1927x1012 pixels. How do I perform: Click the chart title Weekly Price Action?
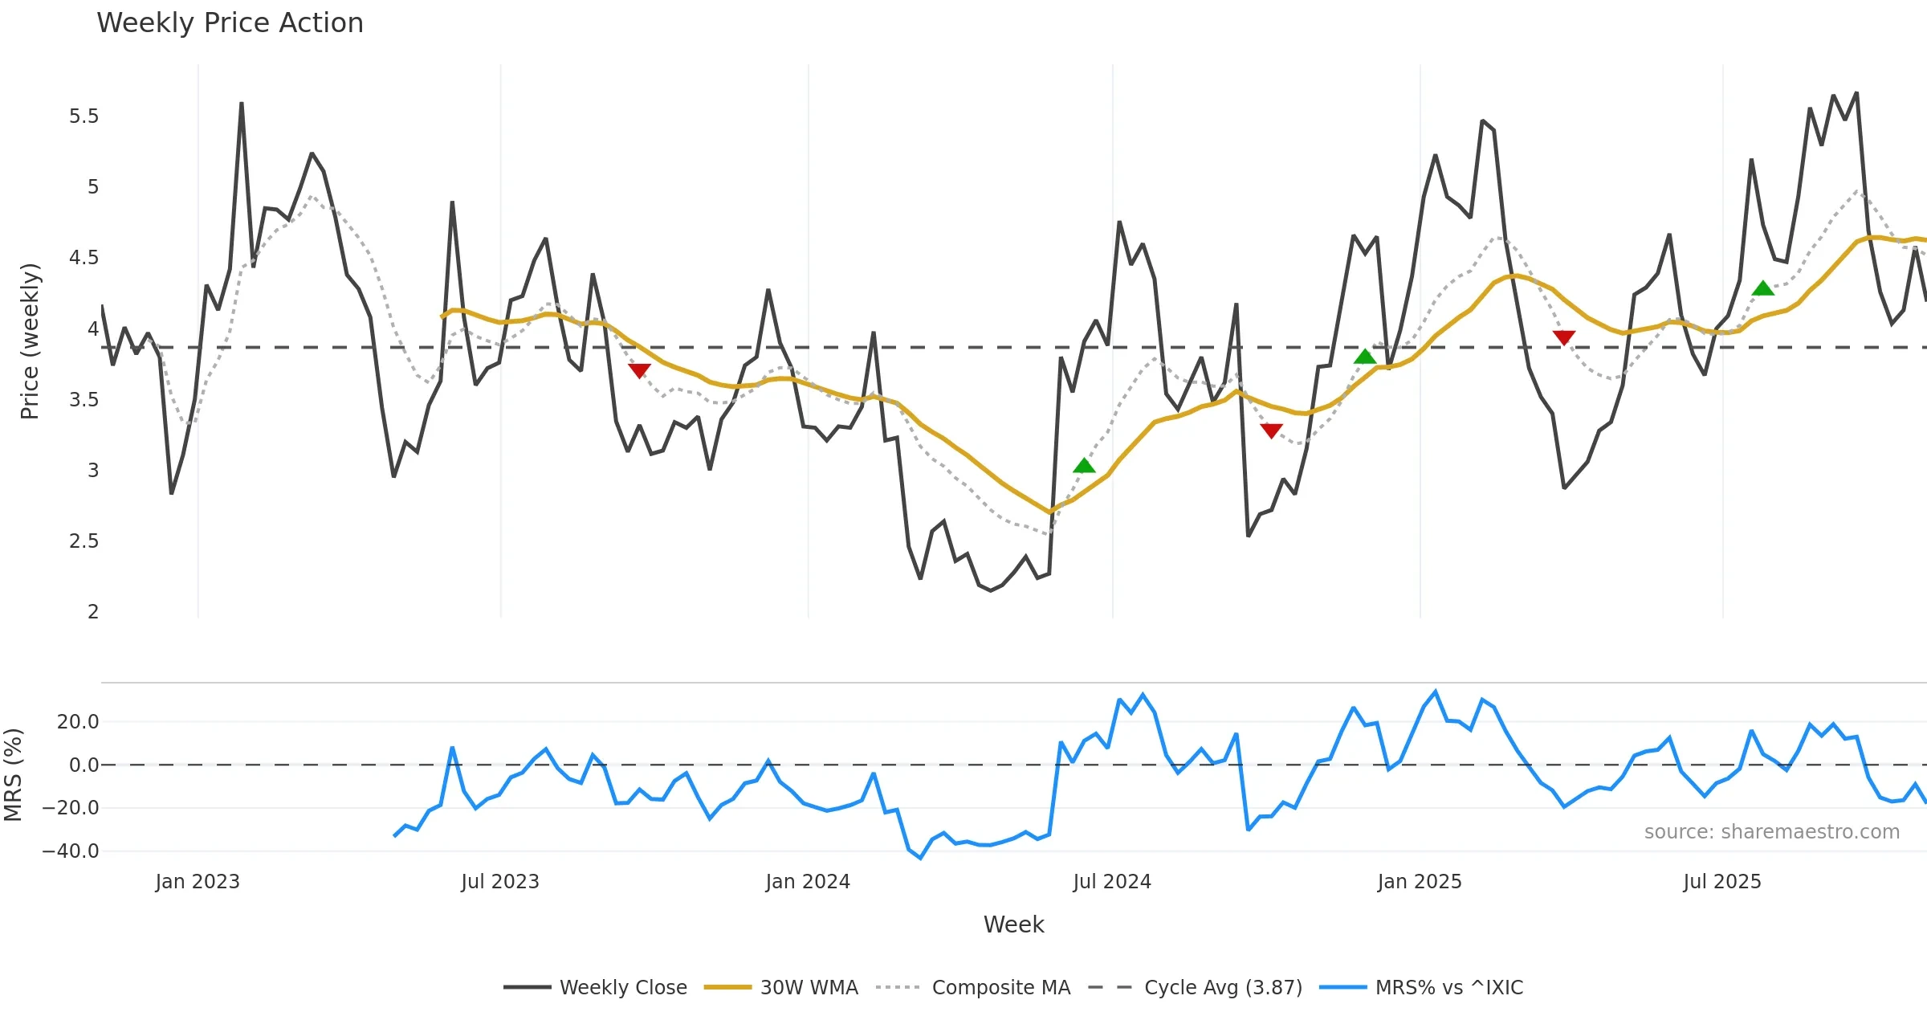tap(230, 23)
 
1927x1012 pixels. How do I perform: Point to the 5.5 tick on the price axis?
tap(84, 116)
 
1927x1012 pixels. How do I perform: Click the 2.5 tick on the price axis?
tap(84, 541)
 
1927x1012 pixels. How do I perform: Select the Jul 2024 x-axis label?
tap(1112, 882)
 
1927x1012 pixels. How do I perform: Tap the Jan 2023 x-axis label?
tap(198, 882)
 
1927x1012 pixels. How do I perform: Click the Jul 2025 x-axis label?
tap(1722, 882)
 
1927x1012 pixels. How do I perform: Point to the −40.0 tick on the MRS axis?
tap(71, 851)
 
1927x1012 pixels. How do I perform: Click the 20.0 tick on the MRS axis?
tap(78, 722)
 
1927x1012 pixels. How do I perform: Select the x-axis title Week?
tap(1013, 925)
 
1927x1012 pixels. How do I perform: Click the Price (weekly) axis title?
tap(30, 341)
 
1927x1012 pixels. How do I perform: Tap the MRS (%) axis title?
tap(13, 775)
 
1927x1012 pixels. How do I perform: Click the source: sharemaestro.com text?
tap(1771, 832)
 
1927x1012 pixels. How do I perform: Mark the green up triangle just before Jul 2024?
tap(1084, 466)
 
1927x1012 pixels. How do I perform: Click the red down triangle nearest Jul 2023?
tap(639, 370)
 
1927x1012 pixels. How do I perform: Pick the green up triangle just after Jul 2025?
tap(1762, 288)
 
